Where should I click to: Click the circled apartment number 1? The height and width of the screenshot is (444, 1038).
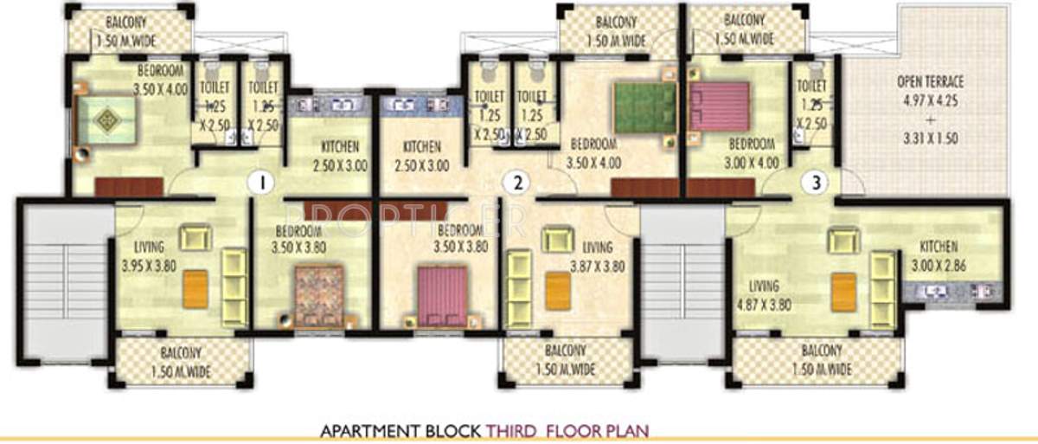tap(256, 183)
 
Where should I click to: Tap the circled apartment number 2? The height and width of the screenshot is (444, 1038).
tap(516, 183)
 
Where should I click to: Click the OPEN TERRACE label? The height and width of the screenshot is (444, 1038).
tap(931, 83)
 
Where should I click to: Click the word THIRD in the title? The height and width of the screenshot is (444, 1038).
tap(519, 429)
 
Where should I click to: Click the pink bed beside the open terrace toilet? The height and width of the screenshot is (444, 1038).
tap(718, 107)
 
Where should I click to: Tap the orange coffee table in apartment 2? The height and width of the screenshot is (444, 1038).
tap(557, 288)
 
